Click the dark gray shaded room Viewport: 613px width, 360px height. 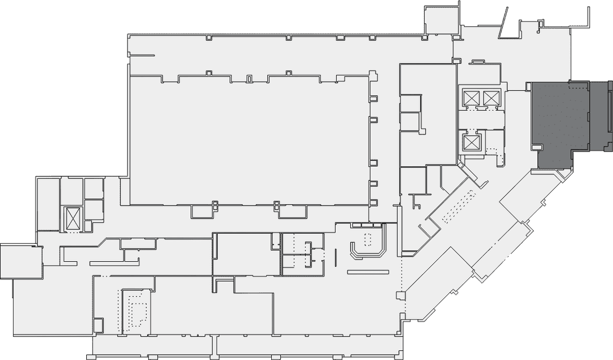pyautogui.click(x=559, y=125)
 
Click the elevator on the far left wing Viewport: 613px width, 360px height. pyautogui.click(x=74, y=219)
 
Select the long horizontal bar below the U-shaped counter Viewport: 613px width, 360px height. pyautogui.click(x=368, y=273)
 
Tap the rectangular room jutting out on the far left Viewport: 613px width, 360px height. pyautogui.click(x=21, y=261)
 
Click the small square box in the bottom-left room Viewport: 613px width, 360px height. pyautogui.click(x=98, y=325)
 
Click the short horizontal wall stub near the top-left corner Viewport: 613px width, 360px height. pyautogui.click(x=142, y=55)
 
